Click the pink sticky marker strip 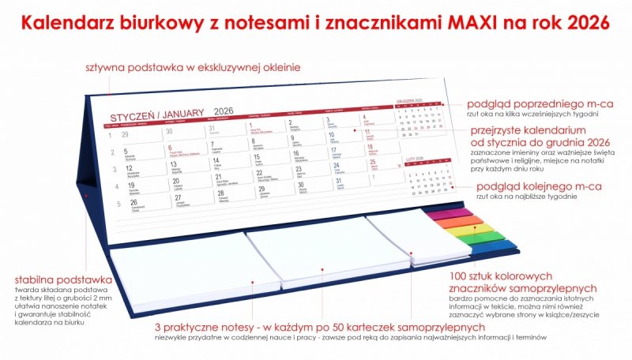click(450, 212)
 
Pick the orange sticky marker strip click(458, 221)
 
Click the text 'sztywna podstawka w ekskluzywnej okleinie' click(193, 68)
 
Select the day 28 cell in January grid click(230, 195)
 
